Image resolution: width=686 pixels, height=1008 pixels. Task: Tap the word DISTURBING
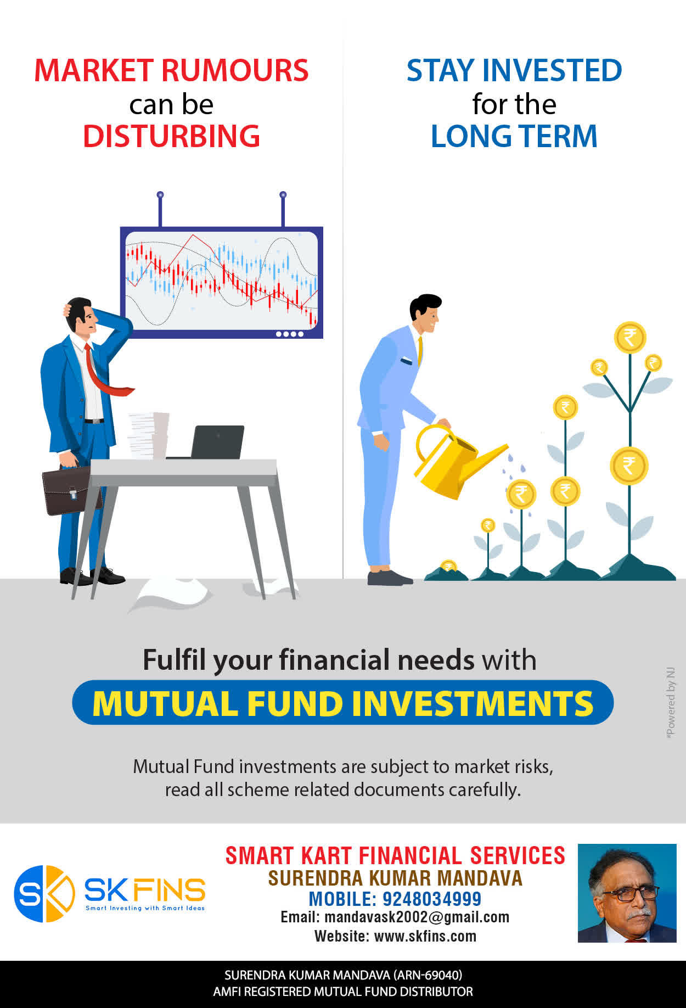171,136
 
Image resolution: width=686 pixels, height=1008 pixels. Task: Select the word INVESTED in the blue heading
552,70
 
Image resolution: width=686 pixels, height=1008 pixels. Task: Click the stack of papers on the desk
148,435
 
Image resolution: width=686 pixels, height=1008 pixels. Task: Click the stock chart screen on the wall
222,282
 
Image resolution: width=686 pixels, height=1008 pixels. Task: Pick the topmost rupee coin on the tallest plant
630,338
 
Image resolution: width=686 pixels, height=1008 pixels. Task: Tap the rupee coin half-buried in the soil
449,566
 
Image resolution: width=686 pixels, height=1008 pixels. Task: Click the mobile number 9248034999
432,899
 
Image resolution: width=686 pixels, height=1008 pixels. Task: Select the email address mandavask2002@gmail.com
417,917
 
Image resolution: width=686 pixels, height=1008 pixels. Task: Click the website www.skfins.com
425,936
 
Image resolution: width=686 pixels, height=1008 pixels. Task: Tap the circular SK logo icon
44,893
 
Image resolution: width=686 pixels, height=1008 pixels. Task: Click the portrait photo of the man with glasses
627,893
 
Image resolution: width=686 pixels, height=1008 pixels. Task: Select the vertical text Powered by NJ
670,703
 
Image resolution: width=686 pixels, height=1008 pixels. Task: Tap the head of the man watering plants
425,313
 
